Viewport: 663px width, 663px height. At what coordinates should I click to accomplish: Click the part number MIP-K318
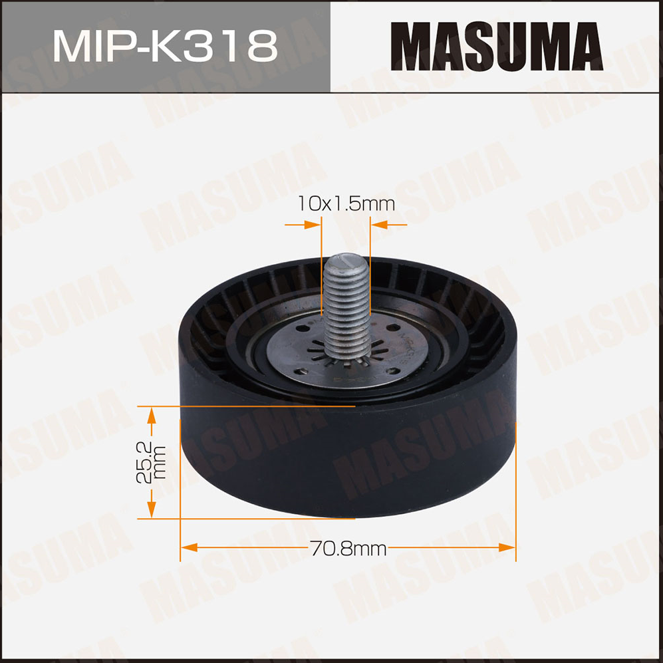[165, 46]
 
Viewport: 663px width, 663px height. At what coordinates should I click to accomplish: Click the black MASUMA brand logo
[497, 47]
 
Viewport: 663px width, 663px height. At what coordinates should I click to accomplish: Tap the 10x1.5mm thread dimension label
[346, 203]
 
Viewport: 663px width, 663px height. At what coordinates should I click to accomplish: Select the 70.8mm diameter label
[348, 549]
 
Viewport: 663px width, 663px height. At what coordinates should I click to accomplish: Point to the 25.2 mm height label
[151, 462]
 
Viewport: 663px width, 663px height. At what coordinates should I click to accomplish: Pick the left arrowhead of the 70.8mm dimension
[189, 547]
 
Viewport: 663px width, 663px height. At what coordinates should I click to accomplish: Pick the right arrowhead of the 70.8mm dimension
[507, 547]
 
